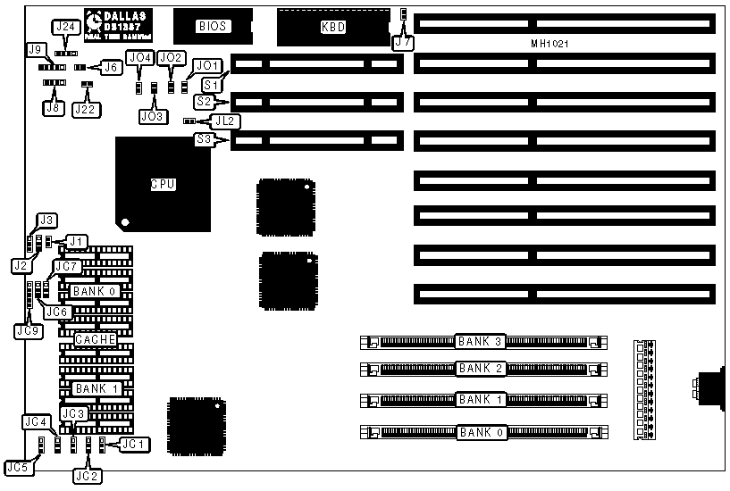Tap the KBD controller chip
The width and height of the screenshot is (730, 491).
click(x=332, y=27)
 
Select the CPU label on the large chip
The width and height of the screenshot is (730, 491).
click(x=162, y=185)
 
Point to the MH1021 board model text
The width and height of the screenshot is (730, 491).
click(x=550, y=43)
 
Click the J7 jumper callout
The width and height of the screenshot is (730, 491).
click(x=403, y=42)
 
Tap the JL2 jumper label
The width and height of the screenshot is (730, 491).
click(x=223, y=121)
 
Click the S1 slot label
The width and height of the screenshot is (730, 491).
click(x=213, y=83)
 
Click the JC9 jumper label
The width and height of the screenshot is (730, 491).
click(x=27, y=330)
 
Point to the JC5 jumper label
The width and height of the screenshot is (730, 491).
click(x=16, y=466)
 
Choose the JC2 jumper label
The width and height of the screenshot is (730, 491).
click(x=88, y=476)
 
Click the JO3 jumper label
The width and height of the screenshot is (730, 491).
click(x=153, y=116)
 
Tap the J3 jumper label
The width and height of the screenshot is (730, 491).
click(x=46, y=220)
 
